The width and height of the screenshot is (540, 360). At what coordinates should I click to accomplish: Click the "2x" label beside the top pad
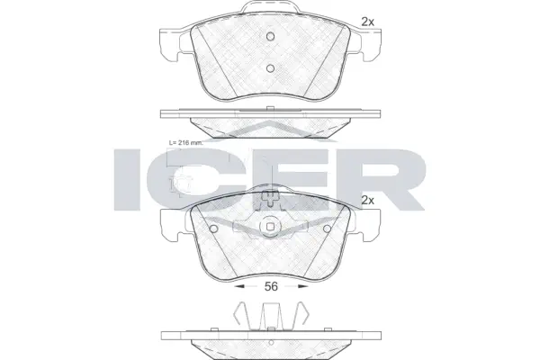tap(366, 22)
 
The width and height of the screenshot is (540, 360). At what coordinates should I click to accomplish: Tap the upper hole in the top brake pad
tap(269, 37)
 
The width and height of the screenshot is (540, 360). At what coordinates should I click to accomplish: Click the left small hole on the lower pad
tap(212, 227)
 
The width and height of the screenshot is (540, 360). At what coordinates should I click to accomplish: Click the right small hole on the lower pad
tap(325, 227)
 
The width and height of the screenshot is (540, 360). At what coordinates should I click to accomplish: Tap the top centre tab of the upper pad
tap(269, 11)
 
